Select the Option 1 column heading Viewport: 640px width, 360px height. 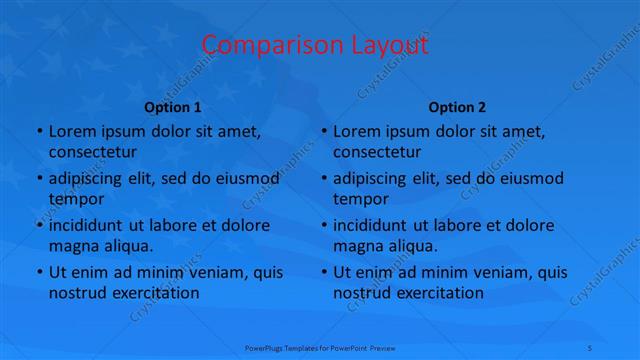click(x=173, y=107)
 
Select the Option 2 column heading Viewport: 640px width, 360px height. click(x=457, y=107)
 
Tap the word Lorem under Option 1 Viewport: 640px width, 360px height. click(x=71, y=131)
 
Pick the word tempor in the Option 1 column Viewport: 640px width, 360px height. click(x=73, y=199)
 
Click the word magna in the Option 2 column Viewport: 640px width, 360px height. click(x=357, y=246)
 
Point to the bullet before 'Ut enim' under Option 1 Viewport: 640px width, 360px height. click(x=38, y=272)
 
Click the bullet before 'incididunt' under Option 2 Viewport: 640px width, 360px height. click(x=323, y=225)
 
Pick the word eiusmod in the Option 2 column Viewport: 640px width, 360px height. click(x=531, y=178)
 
